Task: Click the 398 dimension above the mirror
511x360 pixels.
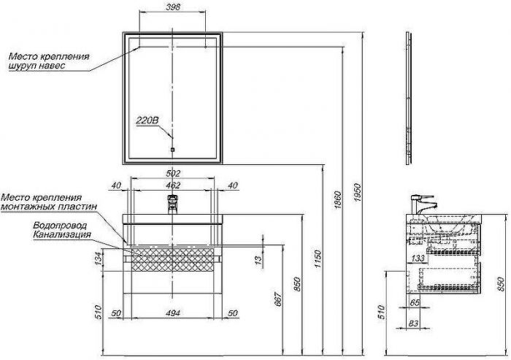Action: click(173, 7)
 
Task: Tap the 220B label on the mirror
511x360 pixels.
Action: click(147, 120)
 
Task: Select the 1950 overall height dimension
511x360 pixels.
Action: click(358, 193)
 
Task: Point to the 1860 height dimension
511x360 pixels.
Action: click(338, 201)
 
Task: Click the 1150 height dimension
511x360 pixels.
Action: click(318, 259)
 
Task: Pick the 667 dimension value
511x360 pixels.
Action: click(278, 299)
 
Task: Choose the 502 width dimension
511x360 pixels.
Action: click(173, 173)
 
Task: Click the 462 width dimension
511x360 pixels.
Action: click(173, 185)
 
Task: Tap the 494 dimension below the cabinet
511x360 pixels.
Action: click(173, 313)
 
